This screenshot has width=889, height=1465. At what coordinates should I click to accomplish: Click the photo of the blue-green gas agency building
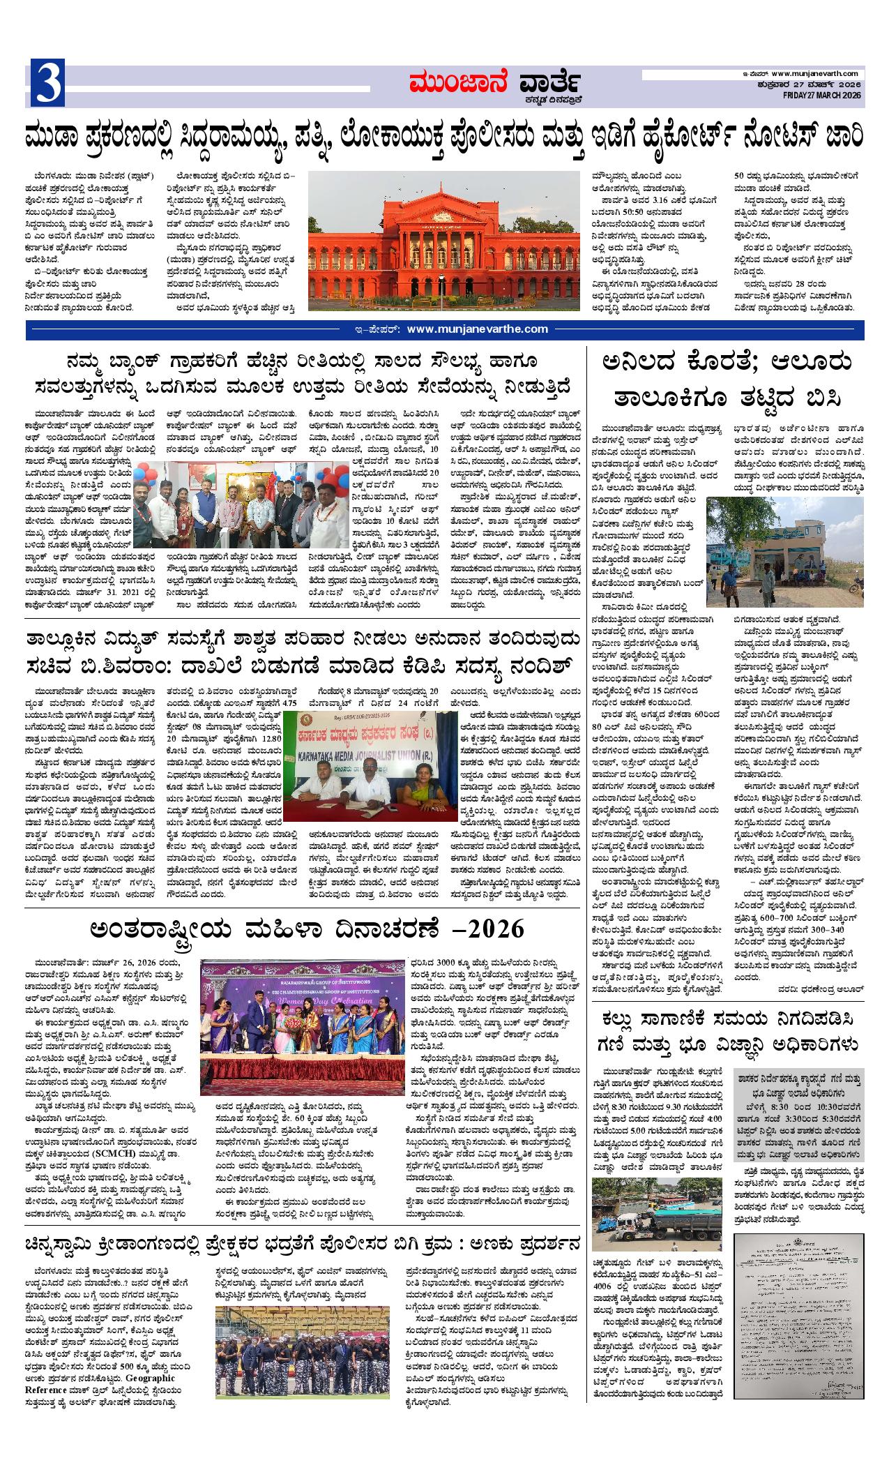click(785, 542)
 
